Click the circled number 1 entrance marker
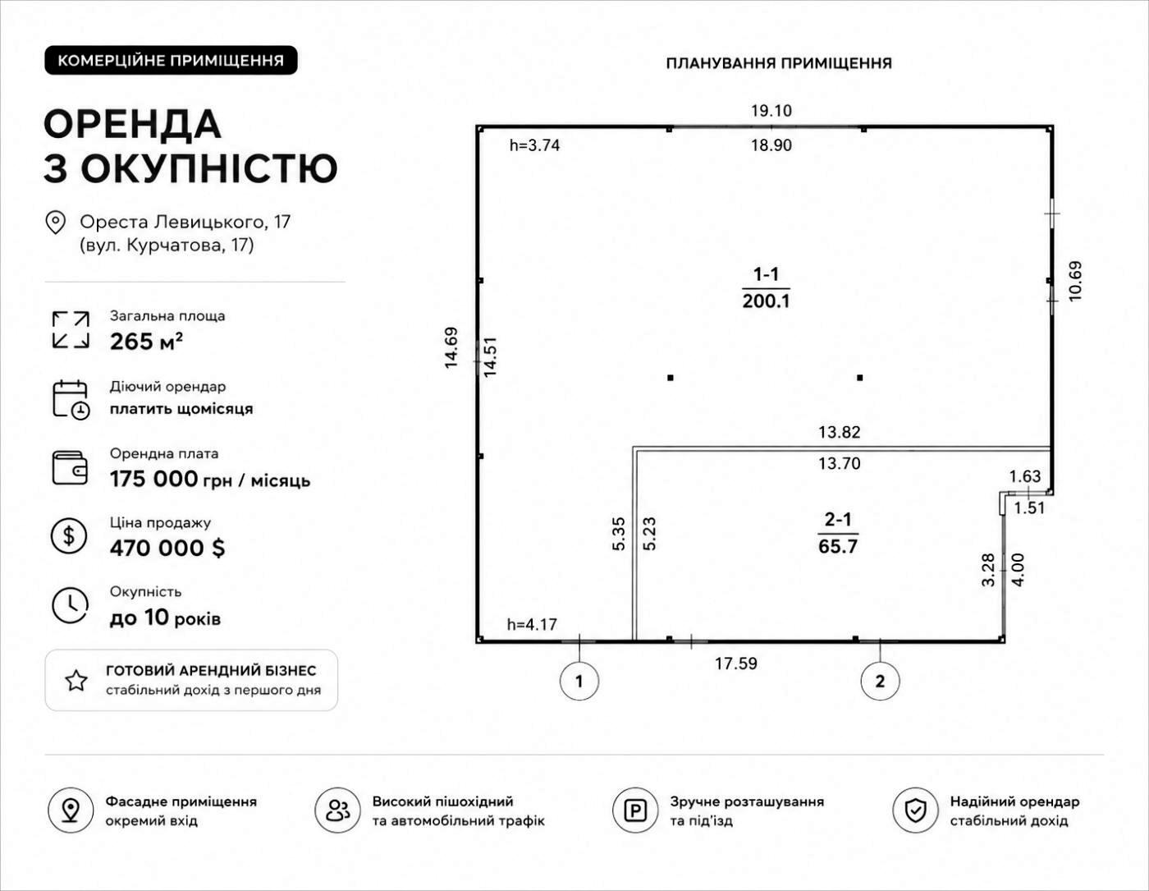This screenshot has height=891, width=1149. (x=579, y=681)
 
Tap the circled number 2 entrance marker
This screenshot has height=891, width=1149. (x=880, y=681)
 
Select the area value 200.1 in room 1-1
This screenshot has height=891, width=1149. (x=766, y=301)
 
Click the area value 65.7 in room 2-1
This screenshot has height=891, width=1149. (x=838, y=546)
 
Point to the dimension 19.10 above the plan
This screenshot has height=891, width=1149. (x=771, y=111)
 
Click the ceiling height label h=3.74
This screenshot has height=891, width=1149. (x=534, y=145)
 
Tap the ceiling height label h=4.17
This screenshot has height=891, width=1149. (x=532, y=624)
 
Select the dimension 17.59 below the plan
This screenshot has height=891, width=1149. (x=736, y=664)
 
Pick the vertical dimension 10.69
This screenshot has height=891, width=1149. (x=1075, y=282)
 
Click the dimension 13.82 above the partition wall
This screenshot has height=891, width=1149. (x=840, y=432)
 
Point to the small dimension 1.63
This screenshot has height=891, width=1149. (x=1025, y=477)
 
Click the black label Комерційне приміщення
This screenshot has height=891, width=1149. (x=171, y=60)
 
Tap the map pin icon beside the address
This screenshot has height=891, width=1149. (x=56, y=223)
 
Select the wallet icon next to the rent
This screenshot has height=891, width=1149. (x=70, y=468)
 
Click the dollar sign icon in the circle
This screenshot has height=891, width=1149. (x=69, y=536)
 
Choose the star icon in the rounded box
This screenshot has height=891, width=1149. (x=76, y=681)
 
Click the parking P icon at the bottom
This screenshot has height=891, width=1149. (x=635, y=811)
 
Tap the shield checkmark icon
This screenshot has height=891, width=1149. (x=915, y=811)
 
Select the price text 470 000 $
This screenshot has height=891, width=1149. (x=167, y=548)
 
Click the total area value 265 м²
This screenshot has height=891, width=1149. (x=146, y=342)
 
